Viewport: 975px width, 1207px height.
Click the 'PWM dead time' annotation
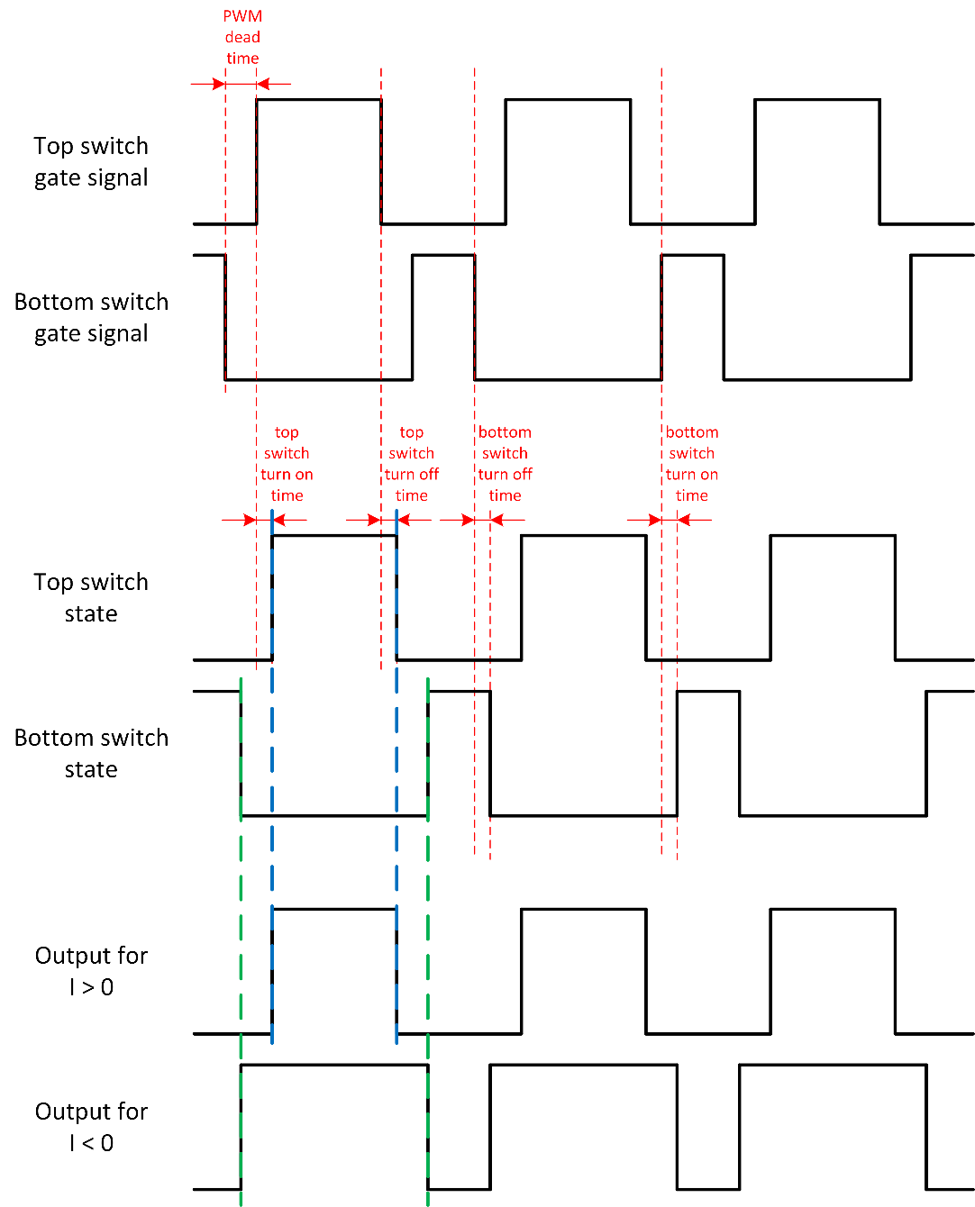(x=242, y=37)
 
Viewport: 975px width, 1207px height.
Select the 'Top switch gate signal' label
(x=91, y=161)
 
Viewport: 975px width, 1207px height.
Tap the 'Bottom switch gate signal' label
(x=91, y=317)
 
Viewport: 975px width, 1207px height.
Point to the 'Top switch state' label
(x=91, y=597)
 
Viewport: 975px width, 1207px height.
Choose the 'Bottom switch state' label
(x=91, y=753)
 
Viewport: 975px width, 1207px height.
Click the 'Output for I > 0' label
(x=91, y=971)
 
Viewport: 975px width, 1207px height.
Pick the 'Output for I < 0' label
(x=91, y=1127)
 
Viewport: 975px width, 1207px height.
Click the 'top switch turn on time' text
(x=287, y=464)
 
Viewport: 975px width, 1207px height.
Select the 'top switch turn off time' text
(x=412, y=464)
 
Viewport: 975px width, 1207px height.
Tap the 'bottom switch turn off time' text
(x=505, y=464)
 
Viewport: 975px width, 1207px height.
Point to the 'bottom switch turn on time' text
(x=692, y=464)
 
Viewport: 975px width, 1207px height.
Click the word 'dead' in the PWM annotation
(x=242, y=37)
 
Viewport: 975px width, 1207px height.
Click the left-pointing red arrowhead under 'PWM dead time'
(x=263, y=84)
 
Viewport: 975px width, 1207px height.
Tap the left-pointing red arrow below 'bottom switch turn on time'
(x=684, y=520)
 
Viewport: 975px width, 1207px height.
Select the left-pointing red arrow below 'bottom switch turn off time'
(x=497, y=520)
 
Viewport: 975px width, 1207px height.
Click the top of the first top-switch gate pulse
(x=319, y=99)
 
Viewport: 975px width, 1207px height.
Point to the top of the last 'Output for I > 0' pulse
(x=833, y=909)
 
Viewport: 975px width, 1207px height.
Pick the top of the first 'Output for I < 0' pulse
(x=334, y=1066)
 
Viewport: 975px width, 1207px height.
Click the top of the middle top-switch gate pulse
(x=568, y=99)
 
